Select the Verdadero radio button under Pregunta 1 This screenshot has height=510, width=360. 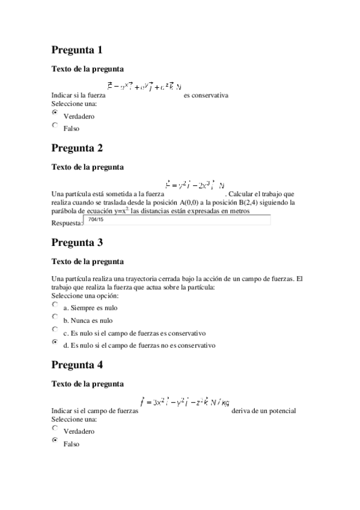55,112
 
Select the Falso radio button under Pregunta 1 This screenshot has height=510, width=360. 55,125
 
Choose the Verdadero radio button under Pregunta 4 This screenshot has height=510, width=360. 55,428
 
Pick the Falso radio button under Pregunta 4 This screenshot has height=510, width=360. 55,440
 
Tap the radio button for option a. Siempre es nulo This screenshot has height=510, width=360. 55,304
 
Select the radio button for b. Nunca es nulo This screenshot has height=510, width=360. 55,316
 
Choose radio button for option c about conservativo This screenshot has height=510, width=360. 55,330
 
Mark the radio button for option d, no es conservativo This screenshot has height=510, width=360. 55,342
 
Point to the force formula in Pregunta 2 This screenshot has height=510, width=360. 194,185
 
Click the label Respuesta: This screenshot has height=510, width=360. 67,223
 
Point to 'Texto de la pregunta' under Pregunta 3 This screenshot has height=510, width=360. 88,262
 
